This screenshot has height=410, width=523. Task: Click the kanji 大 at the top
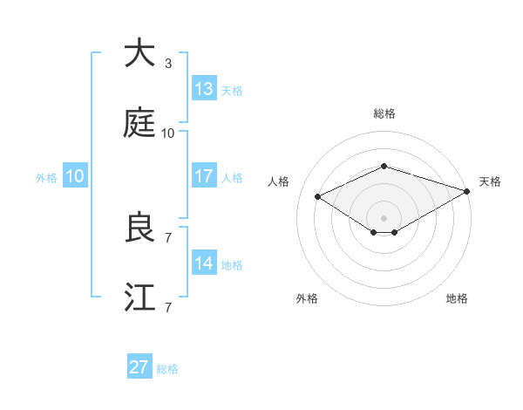139,52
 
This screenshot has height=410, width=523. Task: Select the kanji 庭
139,122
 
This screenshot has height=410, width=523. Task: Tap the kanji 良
139,227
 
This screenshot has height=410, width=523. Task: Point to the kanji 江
139,297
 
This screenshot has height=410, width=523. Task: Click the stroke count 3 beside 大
168,64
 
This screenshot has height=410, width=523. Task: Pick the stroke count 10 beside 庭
167,133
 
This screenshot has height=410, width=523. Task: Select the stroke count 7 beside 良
168,238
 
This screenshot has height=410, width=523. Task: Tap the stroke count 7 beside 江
168,308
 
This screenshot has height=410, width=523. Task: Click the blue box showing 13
204,88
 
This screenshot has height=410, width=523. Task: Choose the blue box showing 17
204,175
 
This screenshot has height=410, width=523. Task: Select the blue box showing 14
204,262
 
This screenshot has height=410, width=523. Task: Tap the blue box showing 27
139,366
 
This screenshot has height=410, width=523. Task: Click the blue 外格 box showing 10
75,175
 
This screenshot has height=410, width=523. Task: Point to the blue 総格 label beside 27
167,369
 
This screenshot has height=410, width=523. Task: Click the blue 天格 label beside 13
232,91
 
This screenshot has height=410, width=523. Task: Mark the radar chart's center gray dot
384,218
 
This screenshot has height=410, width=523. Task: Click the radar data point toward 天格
467,191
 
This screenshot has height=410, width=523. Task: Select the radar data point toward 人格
318,197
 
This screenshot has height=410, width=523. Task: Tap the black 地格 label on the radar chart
457,298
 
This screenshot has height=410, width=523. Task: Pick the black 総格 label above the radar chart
384,113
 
